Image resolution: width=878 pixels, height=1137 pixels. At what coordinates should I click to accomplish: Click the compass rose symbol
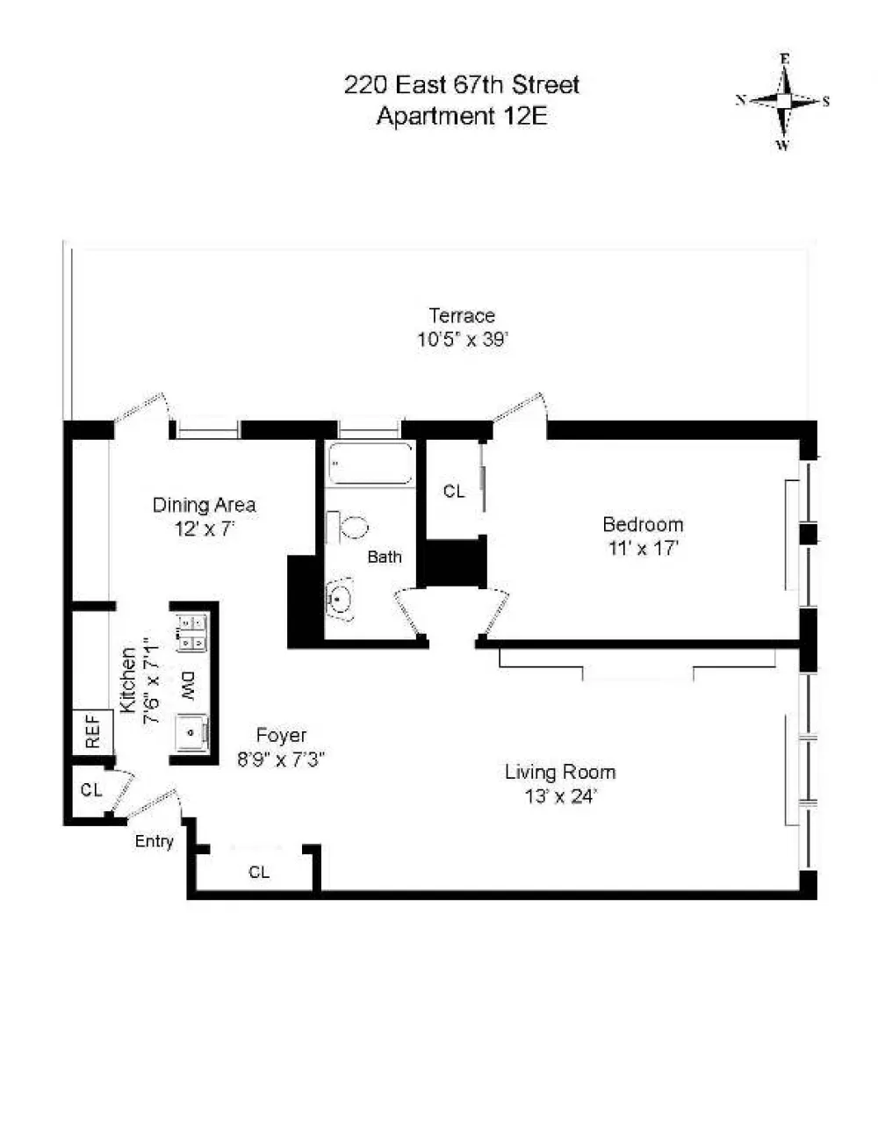coord(783,102)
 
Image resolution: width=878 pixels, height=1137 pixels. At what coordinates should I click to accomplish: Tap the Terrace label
coord(462,315)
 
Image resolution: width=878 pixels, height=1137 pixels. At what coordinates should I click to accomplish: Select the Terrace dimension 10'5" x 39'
coord(462,340)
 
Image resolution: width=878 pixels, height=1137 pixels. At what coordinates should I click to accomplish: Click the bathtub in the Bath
coord(370,463)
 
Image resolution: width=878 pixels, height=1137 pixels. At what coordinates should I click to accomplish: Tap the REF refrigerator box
coord(92,731)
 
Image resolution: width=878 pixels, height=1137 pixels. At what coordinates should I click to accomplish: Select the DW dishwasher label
coord(189,686)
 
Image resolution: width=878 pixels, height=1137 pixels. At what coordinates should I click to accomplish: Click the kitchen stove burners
coord(191,632)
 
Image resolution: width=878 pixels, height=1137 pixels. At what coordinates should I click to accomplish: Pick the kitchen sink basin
coord(191,732)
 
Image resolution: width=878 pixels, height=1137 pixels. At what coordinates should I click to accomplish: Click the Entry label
coord(154,841)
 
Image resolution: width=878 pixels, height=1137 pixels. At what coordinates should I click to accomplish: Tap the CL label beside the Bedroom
coord(454,491)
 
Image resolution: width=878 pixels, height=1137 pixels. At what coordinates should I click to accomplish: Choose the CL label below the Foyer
coord(259,872)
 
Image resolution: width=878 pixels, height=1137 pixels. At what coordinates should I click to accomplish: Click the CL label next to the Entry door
coord(91,790)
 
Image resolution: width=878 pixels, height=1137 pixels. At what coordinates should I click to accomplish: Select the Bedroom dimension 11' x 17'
coord(643,549)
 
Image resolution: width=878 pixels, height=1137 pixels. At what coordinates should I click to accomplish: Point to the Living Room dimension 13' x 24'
coord(560,796)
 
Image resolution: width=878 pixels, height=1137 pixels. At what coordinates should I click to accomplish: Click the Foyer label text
coord(281,736)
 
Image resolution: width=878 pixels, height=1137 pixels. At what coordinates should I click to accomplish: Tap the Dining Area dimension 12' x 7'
coord(204,529)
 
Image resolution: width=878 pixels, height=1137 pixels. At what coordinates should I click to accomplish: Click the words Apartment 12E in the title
coord(462,116)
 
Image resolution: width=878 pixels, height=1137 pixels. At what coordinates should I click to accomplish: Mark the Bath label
coord(385,557)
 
